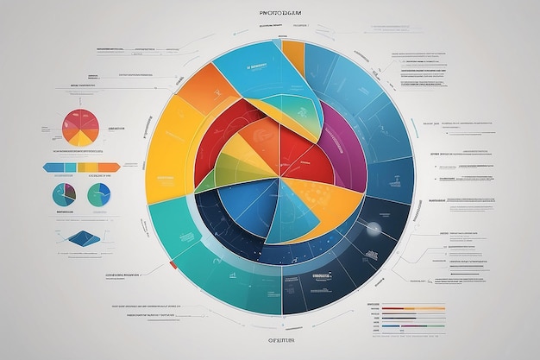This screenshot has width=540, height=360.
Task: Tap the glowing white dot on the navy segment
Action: point(373,229)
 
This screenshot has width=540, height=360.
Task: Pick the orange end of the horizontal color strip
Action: point(110,167)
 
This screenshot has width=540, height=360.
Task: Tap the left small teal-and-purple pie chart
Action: point(64,195)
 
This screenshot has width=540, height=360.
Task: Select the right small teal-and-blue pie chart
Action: point(98,195)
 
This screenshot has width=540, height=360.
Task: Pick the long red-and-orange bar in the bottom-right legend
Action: point(413,307)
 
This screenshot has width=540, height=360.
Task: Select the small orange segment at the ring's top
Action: point(293,56)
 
